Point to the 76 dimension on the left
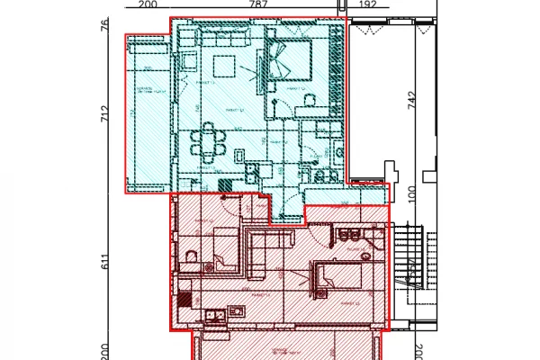(104, 24)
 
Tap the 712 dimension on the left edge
(104, 115)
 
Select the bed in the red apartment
(342, 274)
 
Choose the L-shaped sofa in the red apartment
(265, 247)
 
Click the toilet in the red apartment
(189, 262)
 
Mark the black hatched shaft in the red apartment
(184, 299)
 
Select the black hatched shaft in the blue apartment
(225, 184)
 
